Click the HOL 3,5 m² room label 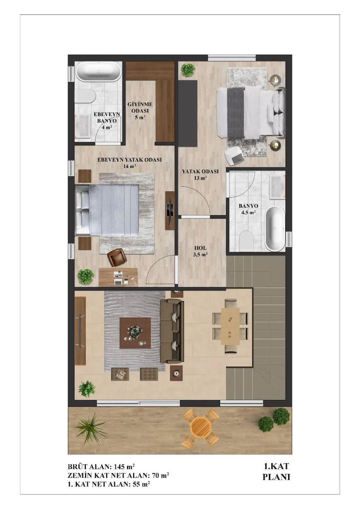[200, 251]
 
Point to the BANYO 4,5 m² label [248, 209]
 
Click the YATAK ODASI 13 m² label [200, 174]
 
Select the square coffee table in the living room [135, 333]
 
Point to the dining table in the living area [230, 326]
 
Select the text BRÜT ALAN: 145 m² [101, 467]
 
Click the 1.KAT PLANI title [276, 471]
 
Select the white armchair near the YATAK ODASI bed [234, 155]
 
